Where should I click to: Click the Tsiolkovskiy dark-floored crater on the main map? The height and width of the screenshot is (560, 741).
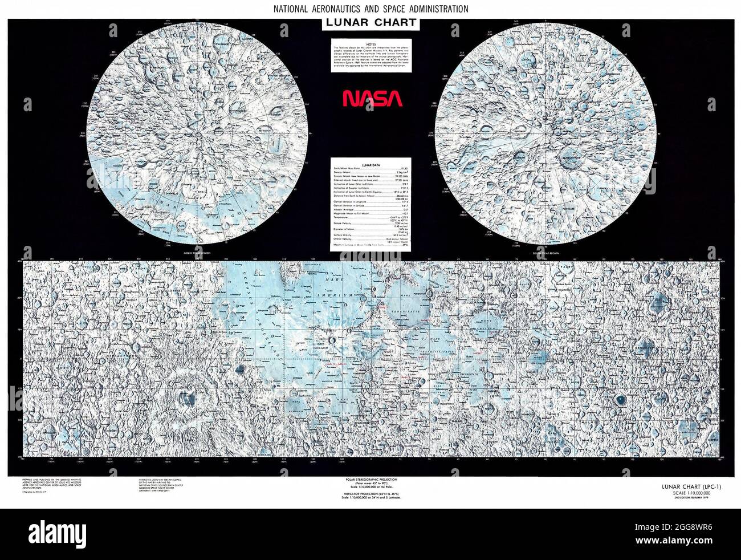click(620, 400)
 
